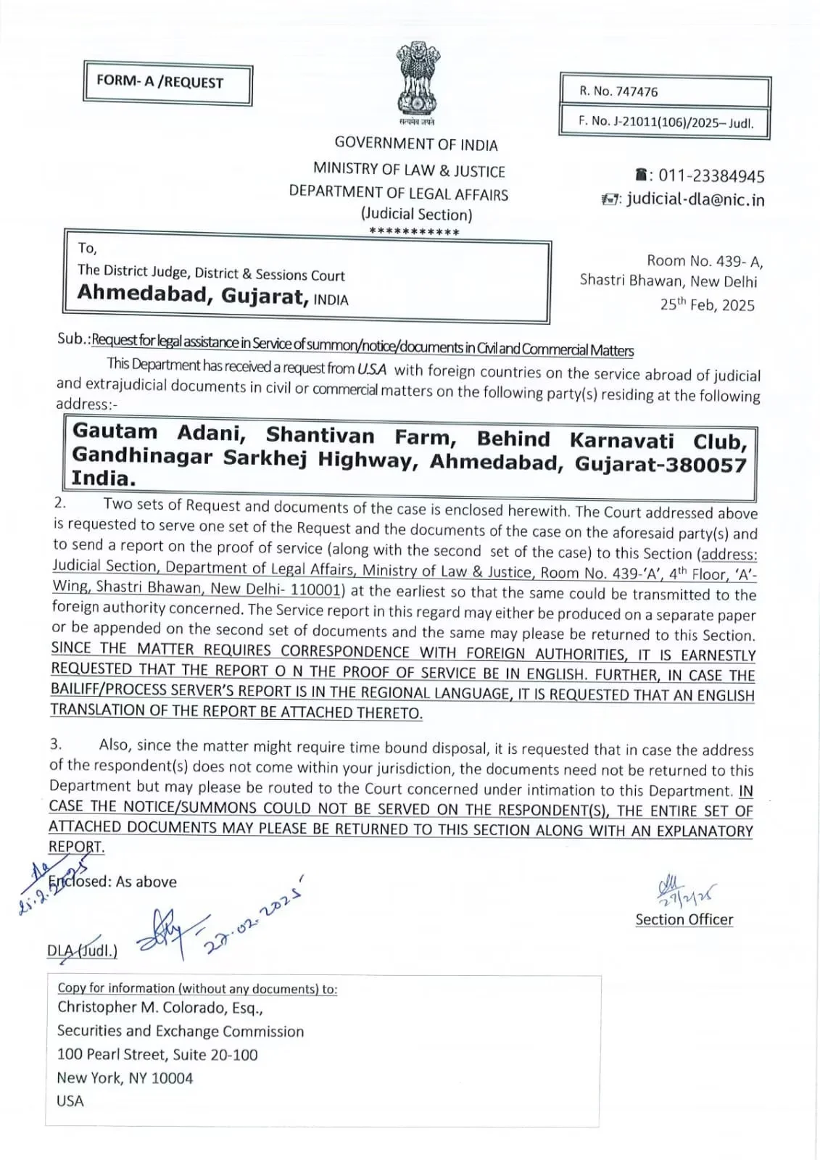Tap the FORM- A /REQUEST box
click(167, 85)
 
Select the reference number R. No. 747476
click(618, 91)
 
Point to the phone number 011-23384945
click(711, 176)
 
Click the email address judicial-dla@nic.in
click(695, 199)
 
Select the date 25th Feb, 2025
click(707, 304)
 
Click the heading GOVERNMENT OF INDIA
click(415, 144)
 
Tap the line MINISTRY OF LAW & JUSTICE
click(409, 170)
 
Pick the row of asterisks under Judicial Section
click(414, 232)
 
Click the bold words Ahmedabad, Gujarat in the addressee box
click(193, 295)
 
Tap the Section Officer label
click(684, 919)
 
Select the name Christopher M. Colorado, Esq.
click(160, 1008)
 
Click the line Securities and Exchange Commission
click(181, 1031)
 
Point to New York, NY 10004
click(125, 1078)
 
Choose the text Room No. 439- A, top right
click(705, 261)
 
